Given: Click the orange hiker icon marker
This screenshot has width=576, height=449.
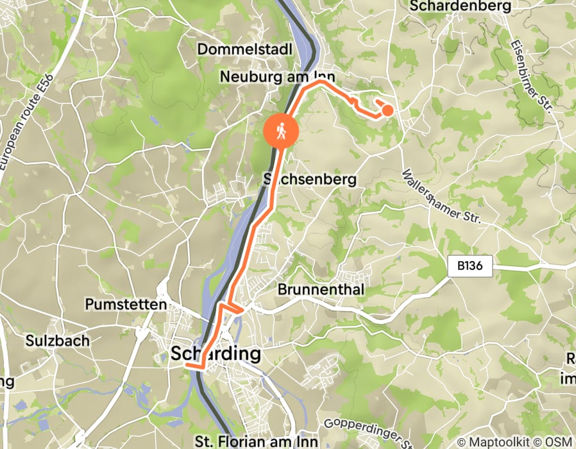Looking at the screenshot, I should click(281, 131).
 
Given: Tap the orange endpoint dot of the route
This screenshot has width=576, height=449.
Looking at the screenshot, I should click(387, 110).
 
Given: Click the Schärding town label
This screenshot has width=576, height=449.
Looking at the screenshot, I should click(216, 353).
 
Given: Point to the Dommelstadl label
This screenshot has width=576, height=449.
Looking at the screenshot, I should click(245, 49).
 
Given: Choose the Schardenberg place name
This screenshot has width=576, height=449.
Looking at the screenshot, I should click(460, 6).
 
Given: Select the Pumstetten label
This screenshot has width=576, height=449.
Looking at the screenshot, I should click(126, 304).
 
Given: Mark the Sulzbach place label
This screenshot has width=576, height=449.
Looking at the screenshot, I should click(57, 341).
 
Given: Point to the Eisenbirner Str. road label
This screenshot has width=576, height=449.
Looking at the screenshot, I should click(532, 76).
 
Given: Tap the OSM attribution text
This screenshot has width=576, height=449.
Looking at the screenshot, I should click(560, 442).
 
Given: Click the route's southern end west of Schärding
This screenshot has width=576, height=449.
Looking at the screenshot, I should click(187, 365).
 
